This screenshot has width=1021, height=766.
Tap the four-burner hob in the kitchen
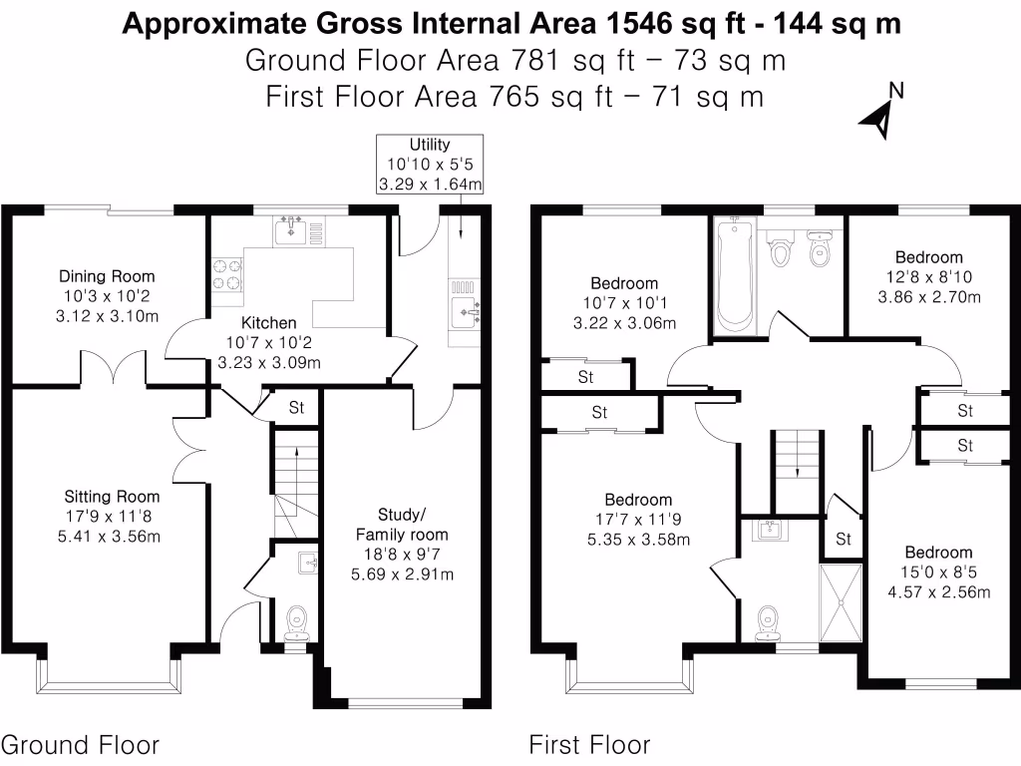pos(226,274)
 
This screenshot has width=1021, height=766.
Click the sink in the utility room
pos(465,312)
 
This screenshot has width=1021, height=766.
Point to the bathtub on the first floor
pos(734,275)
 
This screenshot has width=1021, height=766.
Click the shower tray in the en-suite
pos(841,603)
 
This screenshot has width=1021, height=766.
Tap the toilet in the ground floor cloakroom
pos(297,623)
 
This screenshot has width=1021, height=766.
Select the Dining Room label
pos(107,276)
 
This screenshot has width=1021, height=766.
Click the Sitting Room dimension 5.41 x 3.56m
pos(109,537)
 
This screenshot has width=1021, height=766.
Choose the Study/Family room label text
pos(402,525)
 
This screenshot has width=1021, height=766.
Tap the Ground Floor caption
pos(80,745)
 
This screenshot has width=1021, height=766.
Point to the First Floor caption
pos(589,745)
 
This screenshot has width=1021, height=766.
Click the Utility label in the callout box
pos(430,144)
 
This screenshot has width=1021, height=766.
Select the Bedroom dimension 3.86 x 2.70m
pos(929,297)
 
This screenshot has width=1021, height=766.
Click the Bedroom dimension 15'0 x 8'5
pos(939,572)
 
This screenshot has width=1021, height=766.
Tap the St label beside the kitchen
pos(296,408)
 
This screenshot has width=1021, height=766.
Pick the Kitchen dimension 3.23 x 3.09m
pos(269,363)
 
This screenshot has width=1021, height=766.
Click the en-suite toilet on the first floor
pos(768,623)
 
